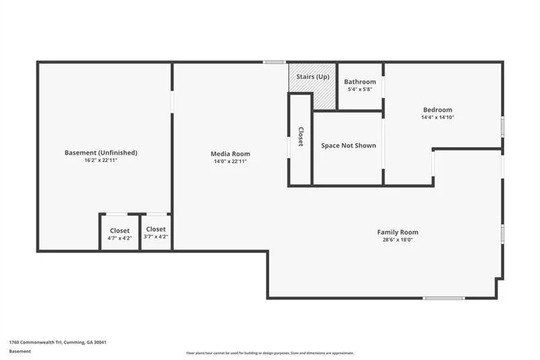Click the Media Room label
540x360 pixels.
pos(230,153)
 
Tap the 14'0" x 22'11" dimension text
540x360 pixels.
pos(230,161)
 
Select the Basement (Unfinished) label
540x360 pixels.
pos(101,153)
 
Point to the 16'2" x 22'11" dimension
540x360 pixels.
pos(101,160)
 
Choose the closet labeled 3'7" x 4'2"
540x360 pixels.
pos(156,232)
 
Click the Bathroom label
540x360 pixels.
pos(360,82)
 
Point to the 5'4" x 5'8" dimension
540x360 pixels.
pos(360,89)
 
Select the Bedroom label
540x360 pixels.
pos(437,110)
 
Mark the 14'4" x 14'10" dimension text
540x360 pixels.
pos(437,117)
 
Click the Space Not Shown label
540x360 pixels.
pos(348,145)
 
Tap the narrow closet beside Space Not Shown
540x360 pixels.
pos(300,140)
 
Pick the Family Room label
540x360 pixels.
pos(398,232)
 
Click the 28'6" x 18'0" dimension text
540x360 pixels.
pos(398,240)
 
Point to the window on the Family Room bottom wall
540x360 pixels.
pos(444,298)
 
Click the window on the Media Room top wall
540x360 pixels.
pos(275,62)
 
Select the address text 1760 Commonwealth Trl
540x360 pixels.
pos(35,342)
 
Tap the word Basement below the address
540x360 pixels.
pos(20,351)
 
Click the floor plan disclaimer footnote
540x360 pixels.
pos(270,353)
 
